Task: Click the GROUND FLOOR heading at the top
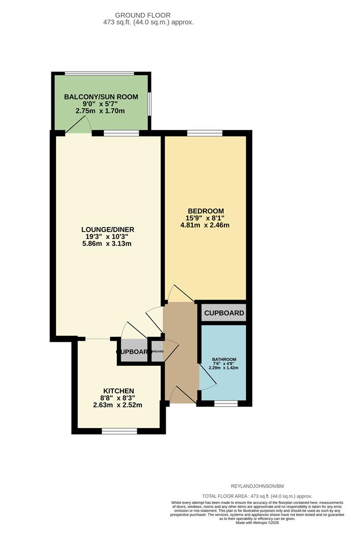pos(143,15)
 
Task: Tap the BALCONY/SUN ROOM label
pos(100,96)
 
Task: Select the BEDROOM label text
pos(205,211)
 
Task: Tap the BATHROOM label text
pos(225,359)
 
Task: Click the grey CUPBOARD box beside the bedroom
pos(224,313)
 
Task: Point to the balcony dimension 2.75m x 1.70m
pos(100,111)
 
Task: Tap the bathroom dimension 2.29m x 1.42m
pos(225,368)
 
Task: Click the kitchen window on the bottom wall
pos(119,431)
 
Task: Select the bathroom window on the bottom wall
pos(225,403)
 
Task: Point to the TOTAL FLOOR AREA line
pos(257,496)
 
